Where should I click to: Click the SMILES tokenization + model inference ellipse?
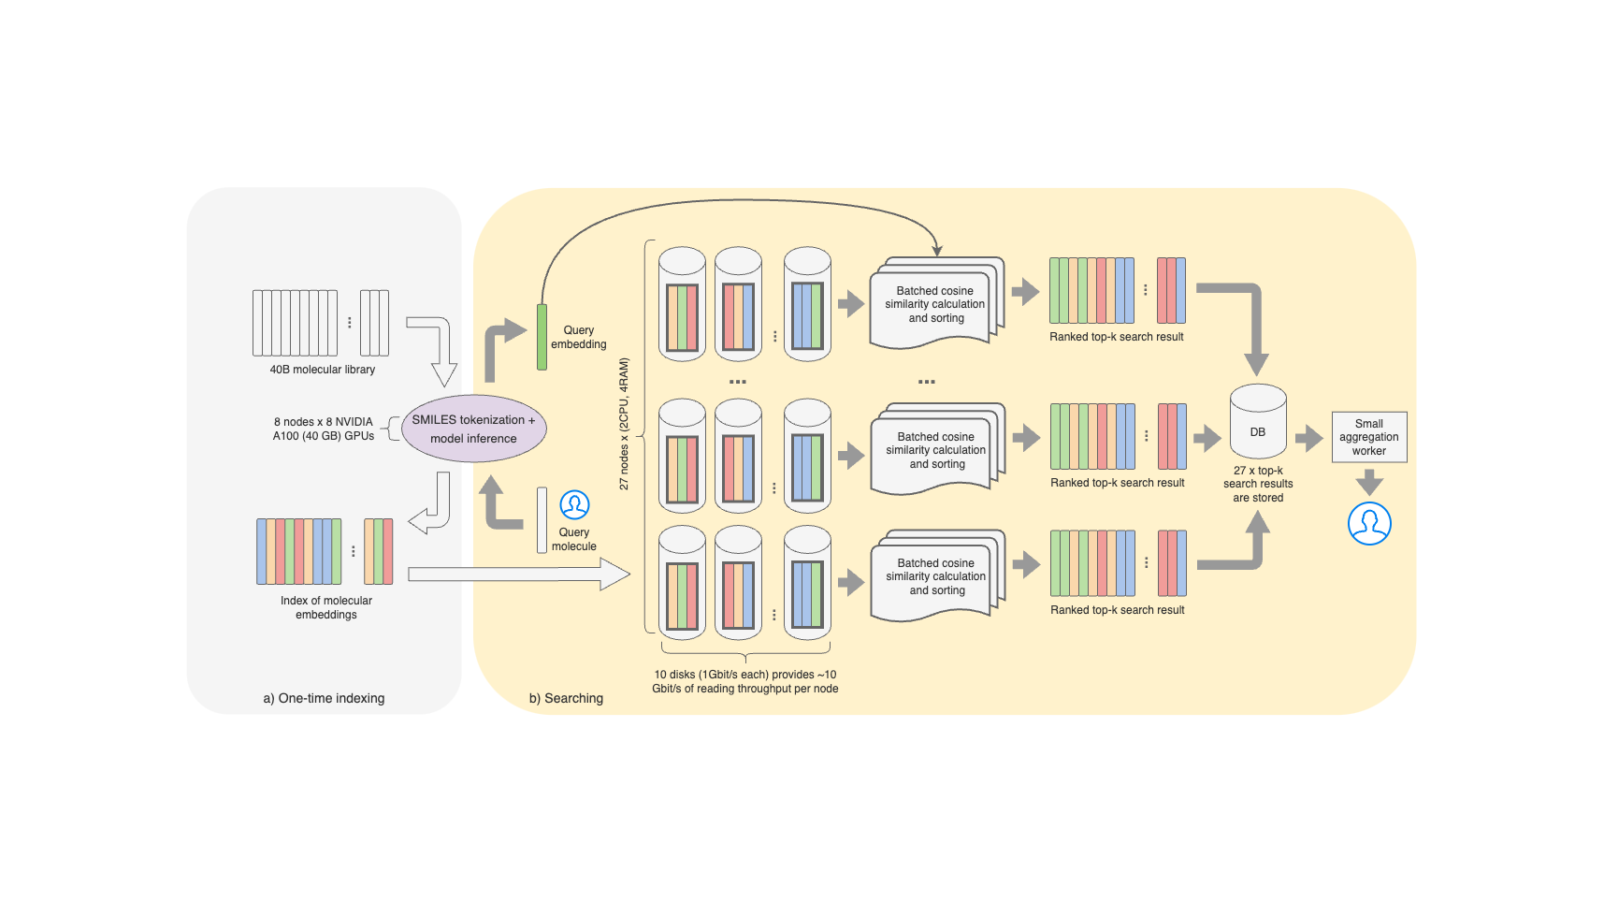click(473, 429)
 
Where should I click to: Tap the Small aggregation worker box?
click(1369, 437)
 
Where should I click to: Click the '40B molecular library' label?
click(322, 370)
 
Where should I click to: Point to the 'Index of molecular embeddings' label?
click(325, 607)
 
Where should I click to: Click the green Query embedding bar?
click(542, 337)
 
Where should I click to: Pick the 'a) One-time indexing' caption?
click(324, 698)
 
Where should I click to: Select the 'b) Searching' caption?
click(566, 698)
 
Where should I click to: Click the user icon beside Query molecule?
click(574, 505)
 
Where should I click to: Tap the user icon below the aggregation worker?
click(1369, 523)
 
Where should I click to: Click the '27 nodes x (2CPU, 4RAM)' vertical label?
click(624, 424)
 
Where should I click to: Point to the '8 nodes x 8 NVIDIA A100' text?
click(324, 429)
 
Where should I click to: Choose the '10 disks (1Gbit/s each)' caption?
click(744, 681)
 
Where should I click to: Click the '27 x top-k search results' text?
click(1258, 484)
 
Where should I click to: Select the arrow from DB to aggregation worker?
click(1308, 437)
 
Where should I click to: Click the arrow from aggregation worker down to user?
click(1369, 482)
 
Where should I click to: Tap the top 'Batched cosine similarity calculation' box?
click(934, 305)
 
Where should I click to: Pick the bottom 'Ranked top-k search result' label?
click(1117, 610)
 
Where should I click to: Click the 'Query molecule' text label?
click(574, 539)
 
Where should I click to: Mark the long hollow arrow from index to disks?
click(519, 574)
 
